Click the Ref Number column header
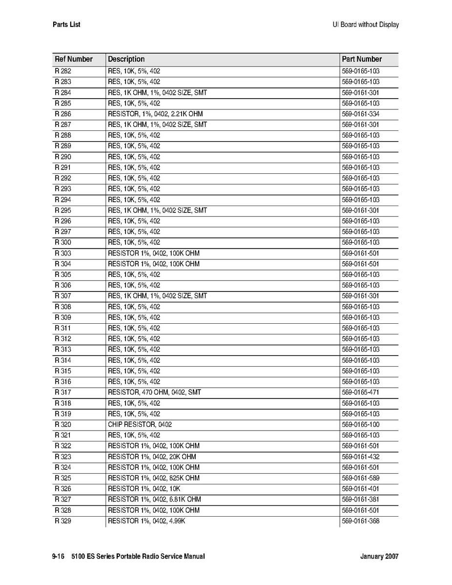pos(74,59)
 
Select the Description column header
pos(126,59)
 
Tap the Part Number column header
pos(362,59)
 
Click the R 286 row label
pos(63,114)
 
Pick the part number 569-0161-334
pos(361,114)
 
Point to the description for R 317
pos(154,392)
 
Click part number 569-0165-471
pos(361,392)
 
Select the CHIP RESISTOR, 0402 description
pos(140,424)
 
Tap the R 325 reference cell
pos(63,478)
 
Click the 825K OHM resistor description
pos(154,478)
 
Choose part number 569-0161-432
pos(361,457)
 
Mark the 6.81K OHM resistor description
pos(154,499)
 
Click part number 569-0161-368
pos(361,521)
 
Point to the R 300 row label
pos(63,242)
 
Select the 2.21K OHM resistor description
pos(155,114)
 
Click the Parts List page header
pos(66,24)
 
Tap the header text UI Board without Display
pos(362,24)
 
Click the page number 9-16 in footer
pos(59,557)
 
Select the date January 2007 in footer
pos(379,557)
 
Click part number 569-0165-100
pos(361,424)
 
